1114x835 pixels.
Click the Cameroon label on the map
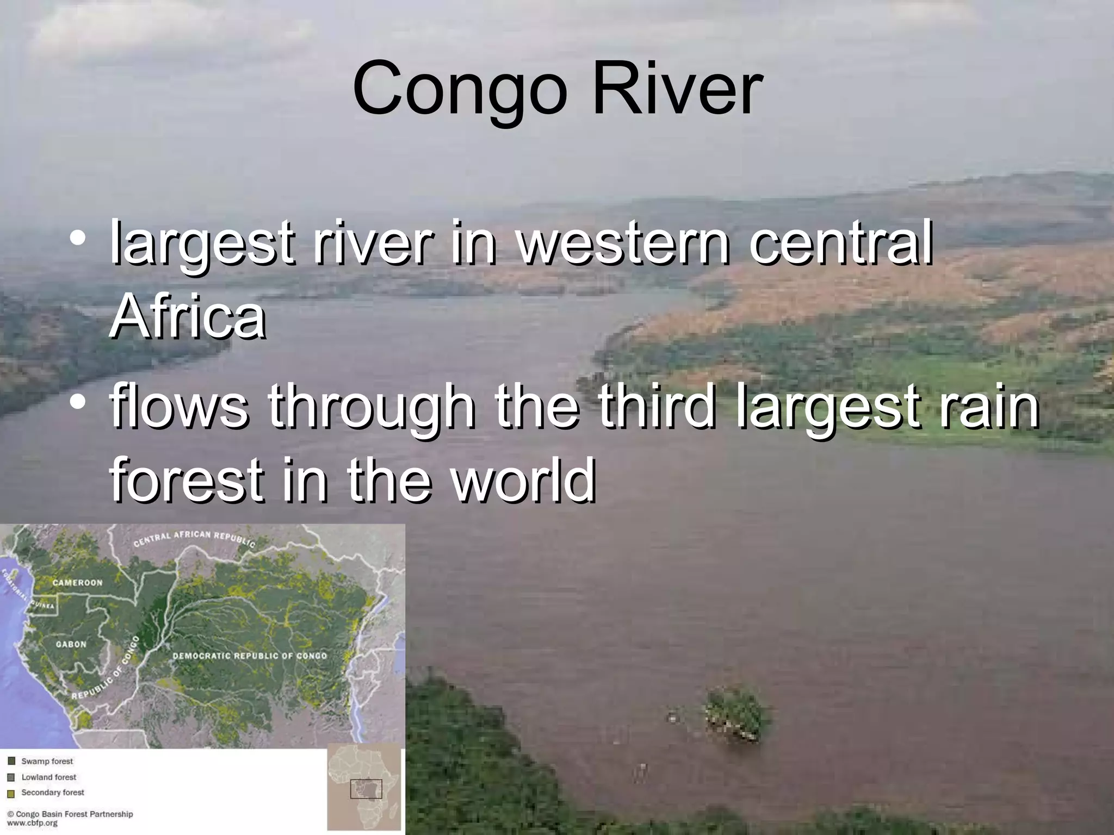[77, 583]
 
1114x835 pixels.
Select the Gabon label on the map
[71, 644]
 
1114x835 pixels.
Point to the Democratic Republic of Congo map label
[250, 656]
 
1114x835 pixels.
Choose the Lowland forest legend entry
[48, 777]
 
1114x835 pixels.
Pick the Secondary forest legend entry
[52, 793]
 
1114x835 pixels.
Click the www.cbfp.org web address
[32, 823]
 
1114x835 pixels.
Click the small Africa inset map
[364, 789]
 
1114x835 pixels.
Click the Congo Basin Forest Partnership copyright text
[70, 814]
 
